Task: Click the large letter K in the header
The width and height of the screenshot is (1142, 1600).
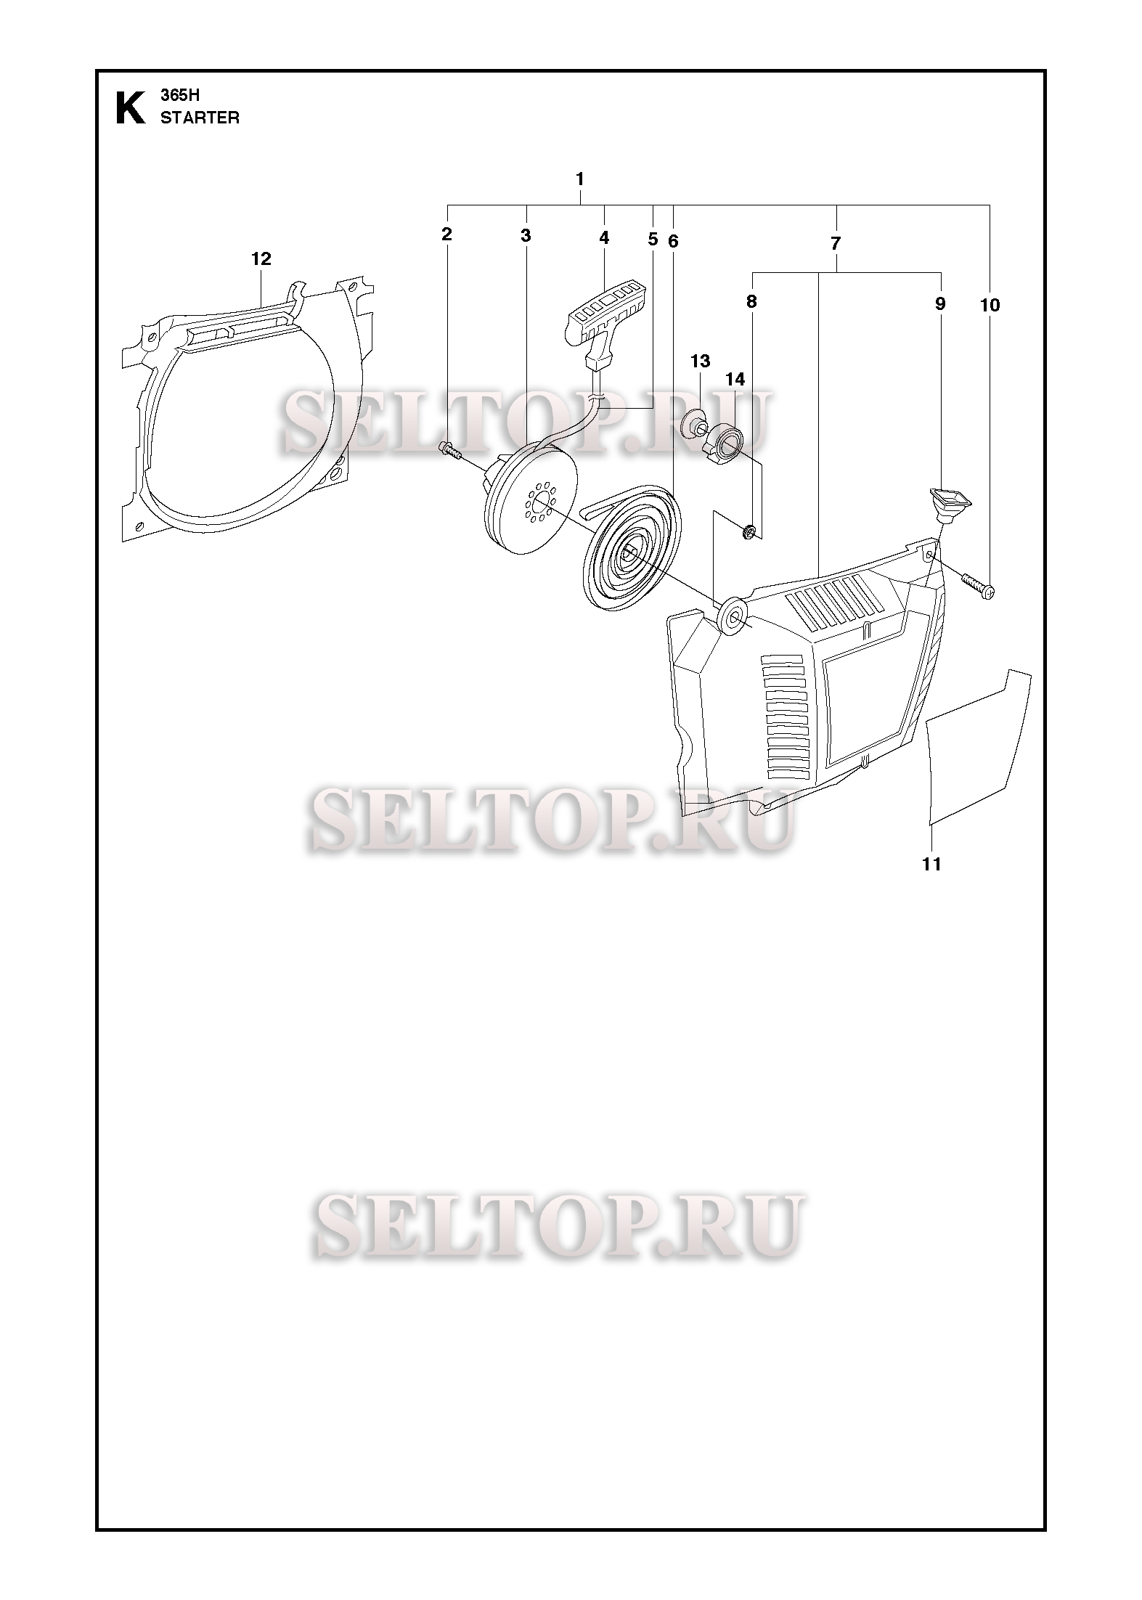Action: point(130,108)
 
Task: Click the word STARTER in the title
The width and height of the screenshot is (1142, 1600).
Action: point(200,118)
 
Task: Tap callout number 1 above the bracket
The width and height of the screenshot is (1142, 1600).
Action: point(579,178)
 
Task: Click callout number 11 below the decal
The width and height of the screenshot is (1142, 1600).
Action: point(931,864)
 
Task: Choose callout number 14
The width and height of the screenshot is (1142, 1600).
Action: point(735,379)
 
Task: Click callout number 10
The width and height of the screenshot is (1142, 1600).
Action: point(990,305)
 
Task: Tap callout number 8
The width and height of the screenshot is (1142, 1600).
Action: point(751,301)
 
